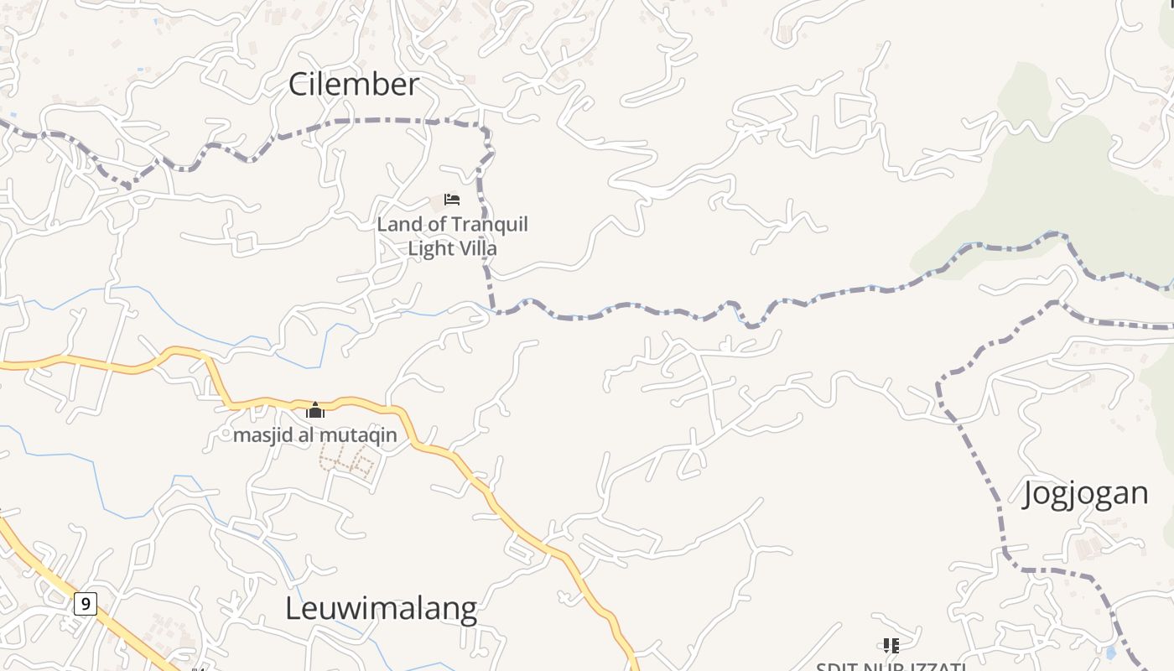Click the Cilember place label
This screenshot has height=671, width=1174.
[353, 84]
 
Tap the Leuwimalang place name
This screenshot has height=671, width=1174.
[381, 608]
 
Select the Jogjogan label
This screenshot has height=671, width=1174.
[1085, 493]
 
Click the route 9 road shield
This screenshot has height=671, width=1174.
[85, 603]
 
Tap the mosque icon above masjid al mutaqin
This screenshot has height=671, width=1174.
[315, 410]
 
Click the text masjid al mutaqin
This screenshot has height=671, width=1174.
[314, 435]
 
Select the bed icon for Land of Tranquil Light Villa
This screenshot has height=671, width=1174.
[452, 200]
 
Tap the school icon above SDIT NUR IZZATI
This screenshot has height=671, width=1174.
[891, 645]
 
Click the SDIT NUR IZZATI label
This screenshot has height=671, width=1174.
[891, 667]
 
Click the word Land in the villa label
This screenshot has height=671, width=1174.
[394, 225]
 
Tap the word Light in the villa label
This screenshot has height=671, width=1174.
[429, 249]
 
